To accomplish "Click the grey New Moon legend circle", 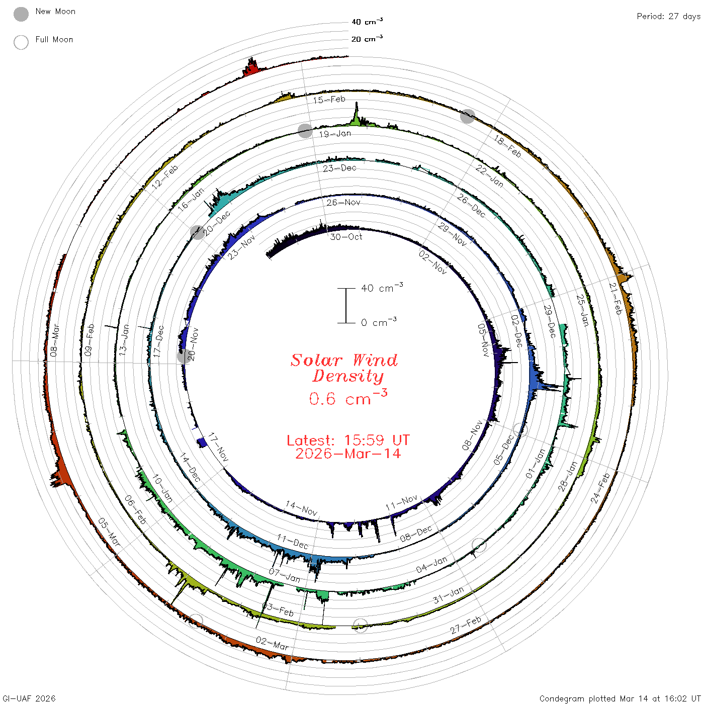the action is (21, 14).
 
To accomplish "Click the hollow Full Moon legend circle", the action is (21, 42).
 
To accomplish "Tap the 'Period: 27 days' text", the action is (668, 17).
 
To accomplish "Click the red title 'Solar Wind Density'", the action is (344, 368).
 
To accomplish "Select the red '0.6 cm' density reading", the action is (348, 398).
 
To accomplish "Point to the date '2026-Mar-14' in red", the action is (348, 454).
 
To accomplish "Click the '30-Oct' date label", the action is (346, 237).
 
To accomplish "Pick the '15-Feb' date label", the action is (329, 100).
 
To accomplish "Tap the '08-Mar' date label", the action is (54, 340).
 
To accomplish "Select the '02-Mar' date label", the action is (272, 643).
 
